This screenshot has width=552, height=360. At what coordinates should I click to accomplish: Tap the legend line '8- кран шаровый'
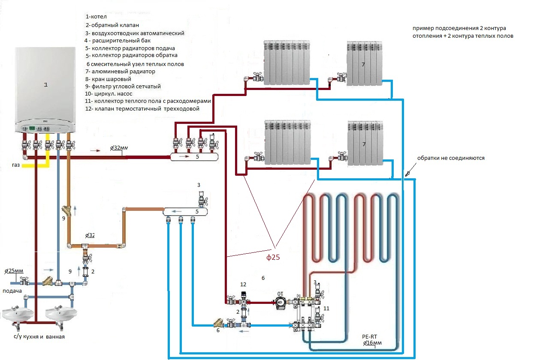pos(108,79)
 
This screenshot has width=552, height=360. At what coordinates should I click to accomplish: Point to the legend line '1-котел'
pos(97,17)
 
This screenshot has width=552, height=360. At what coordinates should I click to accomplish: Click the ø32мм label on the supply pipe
pos(119,148)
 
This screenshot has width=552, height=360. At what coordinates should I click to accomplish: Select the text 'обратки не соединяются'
pos(450,158)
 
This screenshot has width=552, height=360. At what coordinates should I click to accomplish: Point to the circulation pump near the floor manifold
pos(281,302)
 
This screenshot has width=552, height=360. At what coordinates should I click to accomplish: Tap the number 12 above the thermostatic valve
pos(243,285)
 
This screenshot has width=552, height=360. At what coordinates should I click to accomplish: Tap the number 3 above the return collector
pos(199,185)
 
